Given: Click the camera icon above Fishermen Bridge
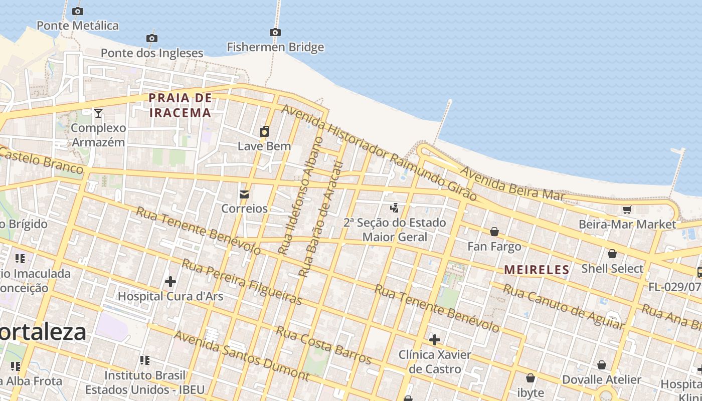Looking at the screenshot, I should tap(275, 33).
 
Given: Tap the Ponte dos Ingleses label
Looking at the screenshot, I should tap(152, 53).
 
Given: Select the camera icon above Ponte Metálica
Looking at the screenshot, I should tap(78, 11).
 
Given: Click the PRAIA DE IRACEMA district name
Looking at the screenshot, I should tap(181, 105).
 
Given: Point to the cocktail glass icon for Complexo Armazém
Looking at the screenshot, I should tap(98, 113).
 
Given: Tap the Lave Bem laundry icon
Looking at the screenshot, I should tap(264, 132).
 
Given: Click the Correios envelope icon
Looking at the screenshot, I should tap(244, 194).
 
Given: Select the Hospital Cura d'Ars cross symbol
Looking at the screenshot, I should tap(170, 282).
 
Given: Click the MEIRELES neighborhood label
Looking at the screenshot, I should tap(537, 270).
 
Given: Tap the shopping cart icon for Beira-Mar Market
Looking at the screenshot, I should tap(627, 210).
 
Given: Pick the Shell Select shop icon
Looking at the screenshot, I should tap(612, 254).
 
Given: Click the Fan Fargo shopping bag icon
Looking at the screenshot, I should tap(494, 232).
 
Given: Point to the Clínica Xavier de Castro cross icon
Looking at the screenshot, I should tap(434, 340).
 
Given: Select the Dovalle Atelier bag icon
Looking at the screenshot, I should tap(601, 365).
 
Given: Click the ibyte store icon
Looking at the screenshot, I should tap(531, 378).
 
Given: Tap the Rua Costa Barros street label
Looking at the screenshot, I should tap(323, 345).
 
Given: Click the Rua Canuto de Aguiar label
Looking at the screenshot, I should tap(564, 307).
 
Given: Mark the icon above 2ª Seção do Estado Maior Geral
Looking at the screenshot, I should tap(395, 208).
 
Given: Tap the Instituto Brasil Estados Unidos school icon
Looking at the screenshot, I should tap(145, 360).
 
